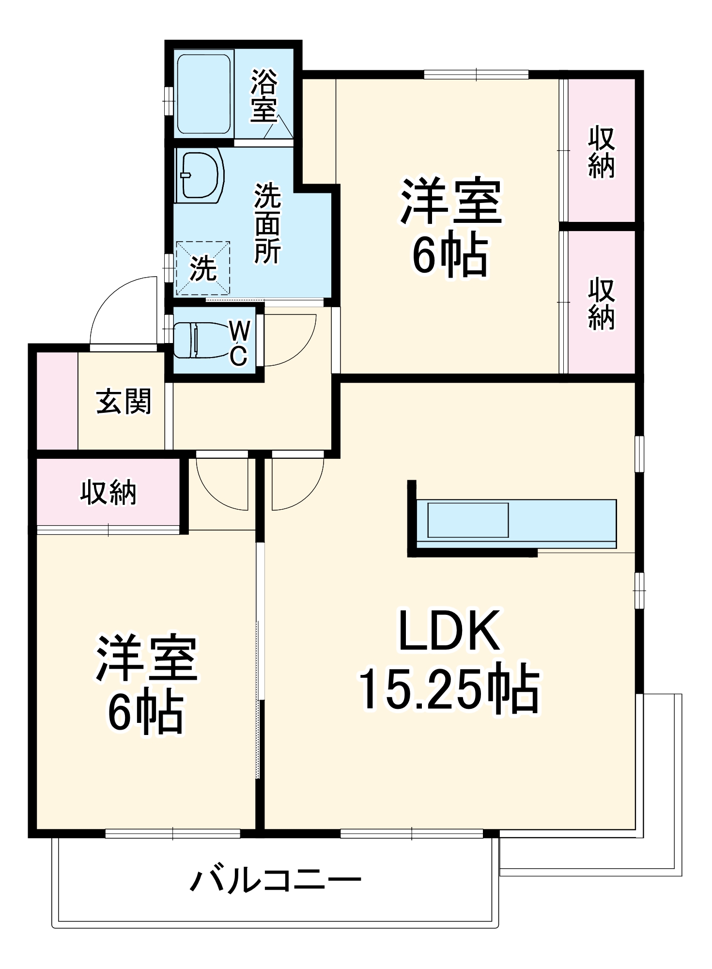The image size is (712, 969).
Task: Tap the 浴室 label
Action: pyautogui.click(x=264, y=95)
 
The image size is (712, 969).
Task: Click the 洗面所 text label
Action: pyautogui.click(x=268, y=223)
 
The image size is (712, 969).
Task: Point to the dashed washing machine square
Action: pyautogui.click(x=202, y=268)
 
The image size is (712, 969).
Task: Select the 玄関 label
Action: pyautogui.click(x=124, y=401)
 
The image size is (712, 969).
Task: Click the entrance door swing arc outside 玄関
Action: pyautogui.click(x=121, y=310)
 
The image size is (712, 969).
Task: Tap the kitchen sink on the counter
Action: pyautogui.click(x=467, y=520)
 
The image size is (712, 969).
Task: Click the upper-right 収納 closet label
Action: pyautogui.click(x=601, y=152)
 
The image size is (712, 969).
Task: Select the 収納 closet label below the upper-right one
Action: pyautogui.click(x=601, y=304)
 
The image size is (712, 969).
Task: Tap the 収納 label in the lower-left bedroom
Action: pyautogui.click(x=108, y=492)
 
